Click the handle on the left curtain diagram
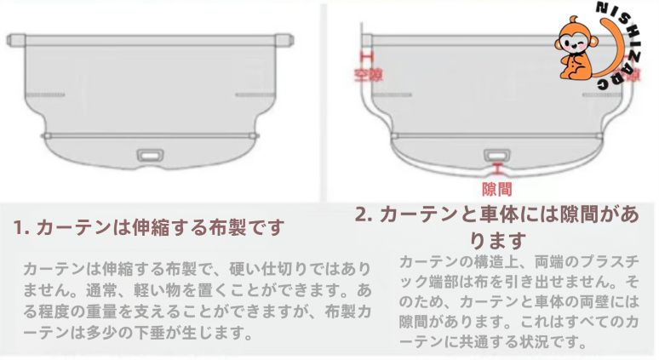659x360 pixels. pos(152,156)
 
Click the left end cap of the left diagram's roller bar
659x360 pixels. pos(15,40)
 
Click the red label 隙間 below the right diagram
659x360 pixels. pos(496,188)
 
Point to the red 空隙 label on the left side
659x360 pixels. pos(368,74)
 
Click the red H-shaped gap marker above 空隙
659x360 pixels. pos(368,56)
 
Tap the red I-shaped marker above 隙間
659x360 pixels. pos(496,169)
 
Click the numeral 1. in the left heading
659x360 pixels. pos(21,228)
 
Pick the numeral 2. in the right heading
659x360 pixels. pos(363,214)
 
